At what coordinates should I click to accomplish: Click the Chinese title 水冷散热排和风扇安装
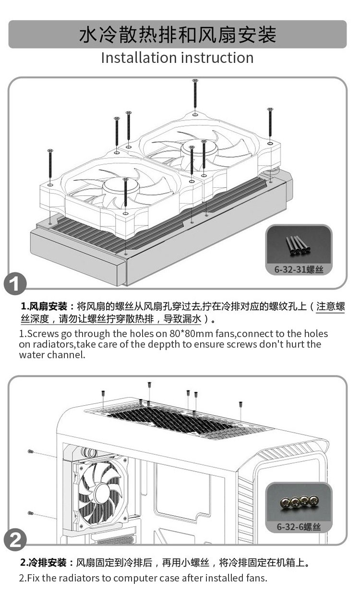(178, 35)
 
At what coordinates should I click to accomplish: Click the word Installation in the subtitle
(139, 58)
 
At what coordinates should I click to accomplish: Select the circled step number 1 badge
(15, 283)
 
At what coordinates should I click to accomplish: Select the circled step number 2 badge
(15, 540)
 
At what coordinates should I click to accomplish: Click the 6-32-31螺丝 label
(299, 269)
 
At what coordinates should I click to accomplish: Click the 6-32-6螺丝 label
(299, 527)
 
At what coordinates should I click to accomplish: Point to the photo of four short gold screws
(299, 502)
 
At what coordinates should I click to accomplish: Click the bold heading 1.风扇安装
(44, 306)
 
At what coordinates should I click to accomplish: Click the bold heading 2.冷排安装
(43, 563)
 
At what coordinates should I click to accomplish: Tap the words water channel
(52, 355)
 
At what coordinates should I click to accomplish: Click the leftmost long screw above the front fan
(50, 164)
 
